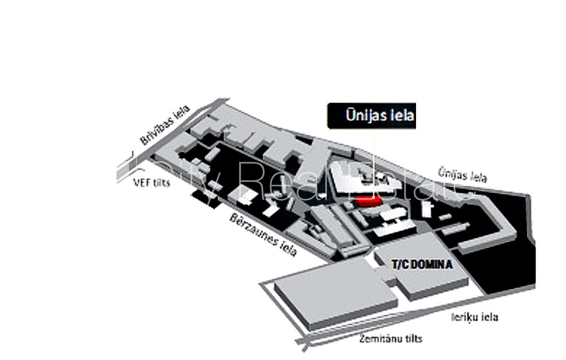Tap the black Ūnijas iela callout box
[372, 116]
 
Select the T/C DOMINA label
[421, 265]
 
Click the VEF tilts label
[151, 183]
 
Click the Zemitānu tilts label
[390, 338]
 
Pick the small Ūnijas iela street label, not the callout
[462, 174]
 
